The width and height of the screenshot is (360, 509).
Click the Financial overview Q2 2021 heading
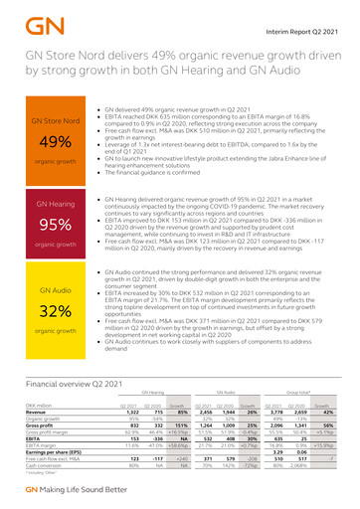pos(80,382)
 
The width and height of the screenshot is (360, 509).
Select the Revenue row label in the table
pos(40,414)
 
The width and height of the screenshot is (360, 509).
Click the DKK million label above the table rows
pos(41,406)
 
